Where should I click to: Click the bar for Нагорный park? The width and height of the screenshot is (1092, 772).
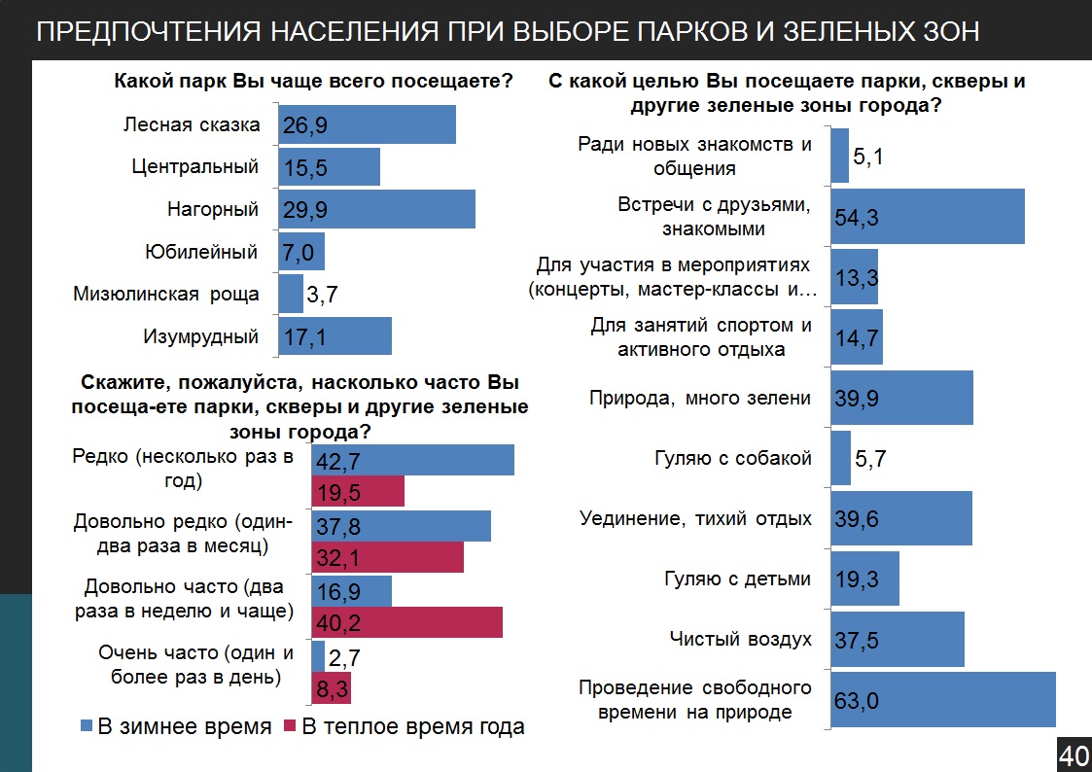point(376,209)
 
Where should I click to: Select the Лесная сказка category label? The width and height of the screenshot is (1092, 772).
point(192,124)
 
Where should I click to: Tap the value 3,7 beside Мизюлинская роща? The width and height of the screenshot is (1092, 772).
point(322,294)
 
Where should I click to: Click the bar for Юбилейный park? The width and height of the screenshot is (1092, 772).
point(301,252)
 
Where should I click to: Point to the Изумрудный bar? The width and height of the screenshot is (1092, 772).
point(335,336)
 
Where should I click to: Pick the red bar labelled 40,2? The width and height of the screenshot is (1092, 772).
point(406,622)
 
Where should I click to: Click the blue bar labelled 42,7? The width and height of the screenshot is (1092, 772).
point(412,460)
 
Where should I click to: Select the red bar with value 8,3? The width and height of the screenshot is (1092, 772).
point(332,688)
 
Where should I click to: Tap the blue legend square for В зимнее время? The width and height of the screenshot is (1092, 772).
point(85,726)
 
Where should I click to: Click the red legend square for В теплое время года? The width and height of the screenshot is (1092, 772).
point(290,726)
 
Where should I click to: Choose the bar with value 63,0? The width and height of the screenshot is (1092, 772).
point(942,699)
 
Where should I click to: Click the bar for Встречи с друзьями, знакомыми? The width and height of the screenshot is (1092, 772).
point(927,217)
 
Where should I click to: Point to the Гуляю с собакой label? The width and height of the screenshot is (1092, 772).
point(732,458)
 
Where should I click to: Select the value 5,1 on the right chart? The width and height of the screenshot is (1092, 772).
point(867,156)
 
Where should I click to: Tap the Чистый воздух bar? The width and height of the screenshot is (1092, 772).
point(897,639)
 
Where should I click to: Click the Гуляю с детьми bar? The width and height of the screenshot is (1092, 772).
point(864,579)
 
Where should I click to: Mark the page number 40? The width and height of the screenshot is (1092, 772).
point(1074,754)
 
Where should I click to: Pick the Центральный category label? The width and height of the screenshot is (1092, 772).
point(195,166)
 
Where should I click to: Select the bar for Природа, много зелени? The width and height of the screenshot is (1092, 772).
point(901,398)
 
